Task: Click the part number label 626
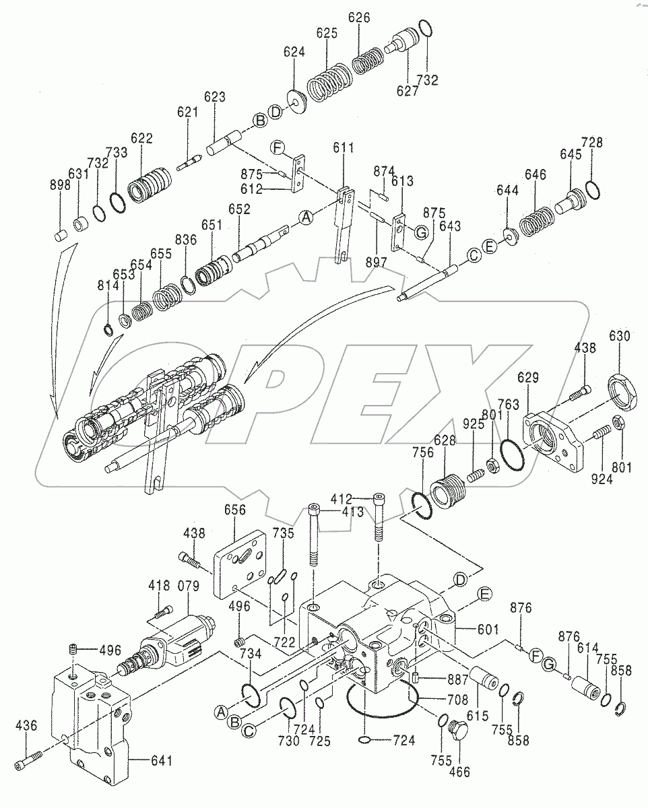(359, 18)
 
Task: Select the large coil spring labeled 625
(327, 81)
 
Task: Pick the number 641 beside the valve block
(160, 762)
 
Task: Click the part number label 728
(593, 142)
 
